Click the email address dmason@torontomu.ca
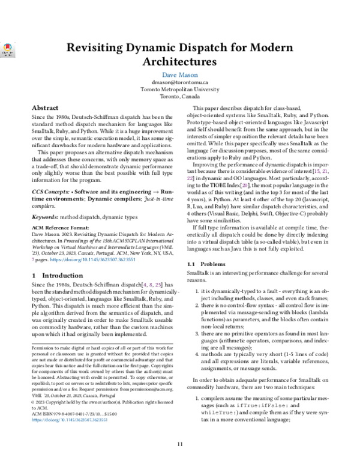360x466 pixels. click(179, 83)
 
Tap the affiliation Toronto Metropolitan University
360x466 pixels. click(179, 90)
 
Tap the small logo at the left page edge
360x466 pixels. click(8, 51)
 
